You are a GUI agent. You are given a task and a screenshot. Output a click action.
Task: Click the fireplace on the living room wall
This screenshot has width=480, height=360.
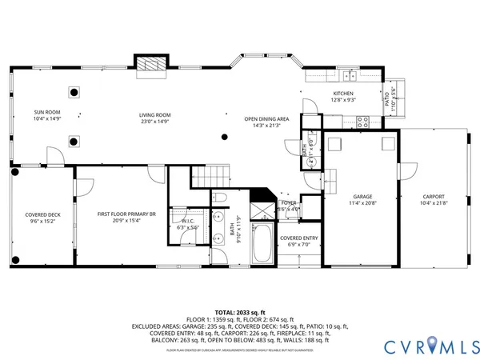(x=150, y=65)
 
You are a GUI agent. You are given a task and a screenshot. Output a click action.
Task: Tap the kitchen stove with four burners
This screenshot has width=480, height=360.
(x=362, y=122)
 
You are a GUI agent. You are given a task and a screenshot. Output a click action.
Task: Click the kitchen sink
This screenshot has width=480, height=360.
(x=349, y=76)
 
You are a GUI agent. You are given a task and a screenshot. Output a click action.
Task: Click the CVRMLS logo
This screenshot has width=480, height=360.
(x=430, y=345)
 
